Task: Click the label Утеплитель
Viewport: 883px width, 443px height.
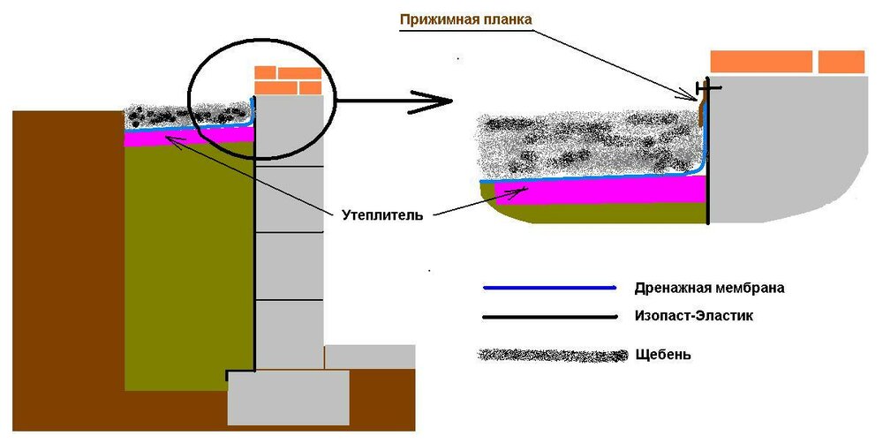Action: click(x=382, y=214)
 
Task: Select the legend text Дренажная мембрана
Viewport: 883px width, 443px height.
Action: click(x=709, y=288)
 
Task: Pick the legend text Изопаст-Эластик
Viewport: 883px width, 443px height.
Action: click(x=694, y=316)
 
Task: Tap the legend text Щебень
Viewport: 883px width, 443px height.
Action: click(x=662, y=355)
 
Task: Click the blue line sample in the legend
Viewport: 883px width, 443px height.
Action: click(x=547, y=288)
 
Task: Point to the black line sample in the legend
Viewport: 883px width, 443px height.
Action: click(x=547, y=316)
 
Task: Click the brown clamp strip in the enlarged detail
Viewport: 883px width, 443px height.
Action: click(x=702, y=110)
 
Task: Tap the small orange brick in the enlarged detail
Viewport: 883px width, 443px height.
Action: click(x=841, y=62)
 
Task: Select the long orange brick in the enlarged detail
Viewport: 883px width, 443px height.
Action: click(x=761, y=62)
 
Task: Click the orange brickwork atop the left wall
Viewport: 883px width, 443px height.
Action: click(x=287, y=80)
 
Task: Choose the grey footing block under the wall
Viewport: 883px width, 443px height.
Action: click(x=288, y=397)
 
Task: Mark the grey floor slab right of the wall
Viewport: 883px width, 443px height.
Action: click(x=371, y=357)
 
